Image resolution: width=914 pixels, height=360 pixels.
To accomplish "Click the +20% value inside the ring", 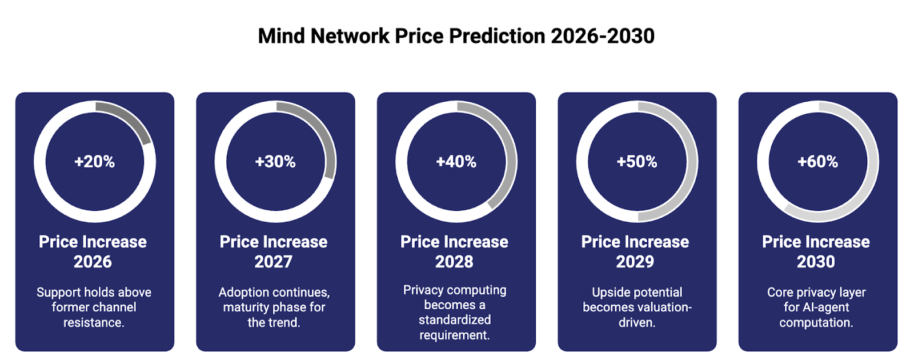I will pos(95,162).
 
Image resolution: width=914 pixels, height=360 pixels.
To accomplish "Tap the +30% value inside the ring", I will pos(275,162).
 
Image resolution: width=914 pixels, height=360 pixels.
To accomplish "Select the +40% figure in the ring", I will pos(456,162).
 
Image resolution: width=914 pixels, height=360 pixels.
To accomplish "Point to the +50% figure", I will pos(637,162).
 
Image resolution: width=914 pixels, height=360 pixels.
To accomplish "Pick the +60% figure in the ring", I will pos(818,162).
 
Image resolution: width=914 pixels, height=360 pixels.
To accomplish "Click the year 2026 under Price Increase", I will pos(93,262).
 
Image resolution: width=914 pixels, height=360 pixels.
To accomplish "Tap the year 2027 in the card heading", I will pos(274,262).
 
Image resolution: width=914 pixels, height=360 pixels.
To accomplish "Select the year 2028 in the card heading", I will pos(454,262).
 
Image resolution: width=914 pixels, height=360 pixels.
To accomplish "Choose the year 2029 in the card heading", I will pos(635,262).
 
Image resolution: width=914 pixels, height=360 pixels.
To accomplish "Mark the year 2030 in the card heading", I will pos(816,262).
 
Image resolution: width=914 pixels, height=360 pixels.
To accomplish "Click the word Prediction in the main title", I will pos(497,36).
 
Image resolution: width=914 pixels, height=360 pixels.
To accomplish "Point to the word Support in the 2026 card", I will pos(58,293).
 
